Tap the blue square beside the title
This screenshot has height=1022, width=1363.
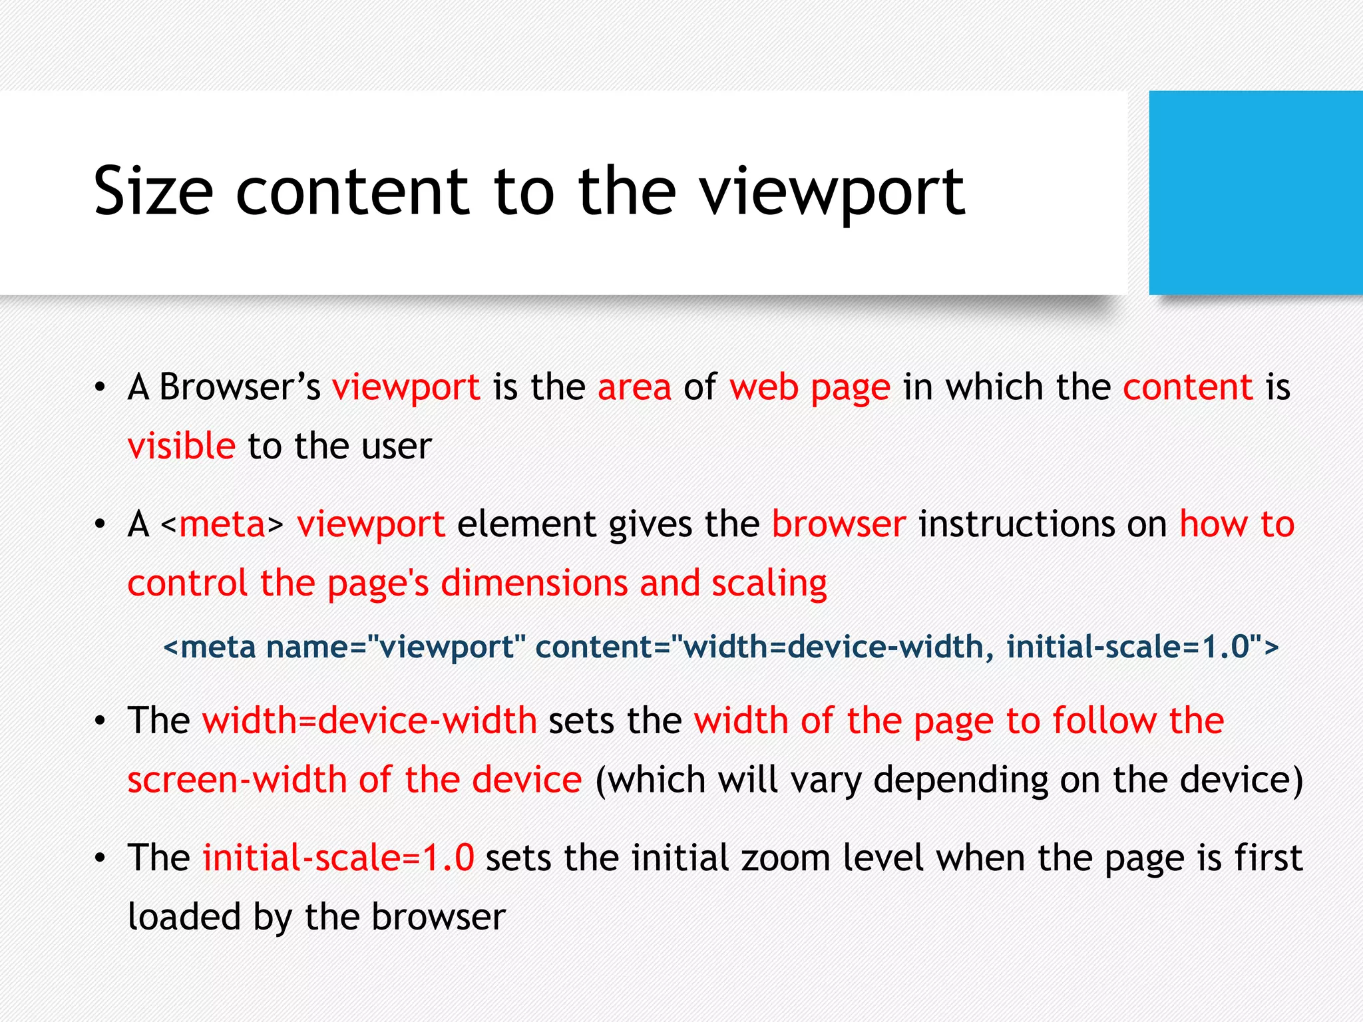tap(1255, 192)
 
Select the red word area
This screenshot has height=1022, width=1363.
tap(634, 387)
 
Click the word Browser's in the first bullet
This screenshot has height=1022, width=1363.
tap(240, 387)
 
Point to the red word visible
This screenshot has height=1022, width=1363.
tap(181, 446)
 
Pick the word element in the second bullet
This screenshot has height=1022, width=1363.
tap(526, 524)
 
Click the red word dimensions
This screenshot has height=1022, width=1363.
tap(534, 584)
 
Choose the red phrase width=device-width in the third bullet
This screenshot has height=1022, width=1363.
tap(369, 721)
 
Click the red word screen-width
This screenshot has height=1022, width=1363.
tap(237, 779)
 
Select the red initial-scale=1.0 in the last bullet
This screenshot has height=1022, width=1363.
tap(338, 858)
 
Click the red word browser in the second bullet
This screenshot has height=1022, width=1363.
tap(839, 524)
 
